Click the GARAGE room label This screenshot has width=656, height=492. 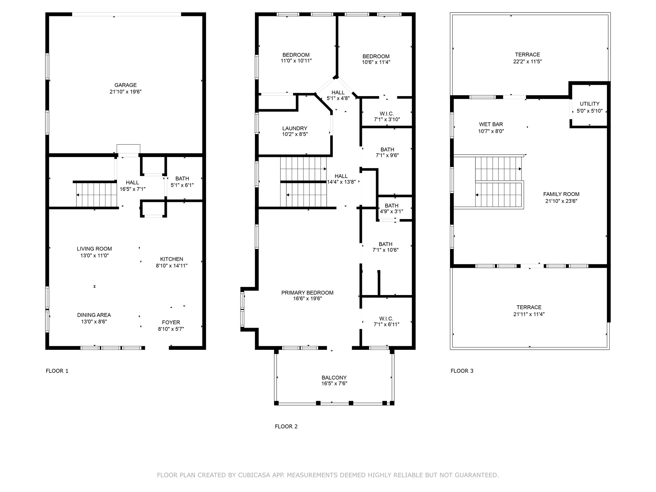pos(126,85)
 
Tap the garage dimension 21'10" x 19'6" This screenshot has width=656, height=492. pos(126,92)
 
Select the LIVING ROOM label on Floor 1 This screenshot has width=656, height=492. pos(94,249)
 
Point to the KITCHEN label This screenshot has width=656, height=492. pos(172,259)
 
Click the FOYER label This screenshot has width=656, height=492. pos(171,323)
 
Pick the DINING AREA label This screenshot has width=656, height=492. pos(94,315)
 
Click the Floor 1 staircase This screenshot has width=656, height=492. pos(96,195)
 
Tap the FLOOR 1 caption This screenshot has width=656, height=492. pos(57,371)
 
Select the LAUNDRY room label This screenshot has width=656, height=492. pos(295,128)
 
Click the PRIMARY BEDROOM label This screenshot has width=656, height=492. pos(307,293)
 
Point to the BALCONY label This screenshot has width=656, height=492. pos(334,378)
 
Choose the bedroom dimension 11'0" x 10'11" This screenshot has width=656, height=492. pos(296,61)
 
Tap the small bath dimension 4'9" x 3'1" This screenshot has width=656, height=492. pos(391,211)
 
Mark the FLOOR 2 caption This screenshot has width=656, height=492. pos(286,426)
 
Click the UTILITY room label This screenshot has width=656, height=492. pos(589,104)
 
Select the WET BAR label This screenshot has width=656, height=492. pos(491,124)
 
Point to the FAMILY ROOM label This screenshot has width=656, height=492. pos(561,194)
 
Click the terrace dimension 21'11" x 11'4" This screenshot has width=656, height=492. pos(529,314)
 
